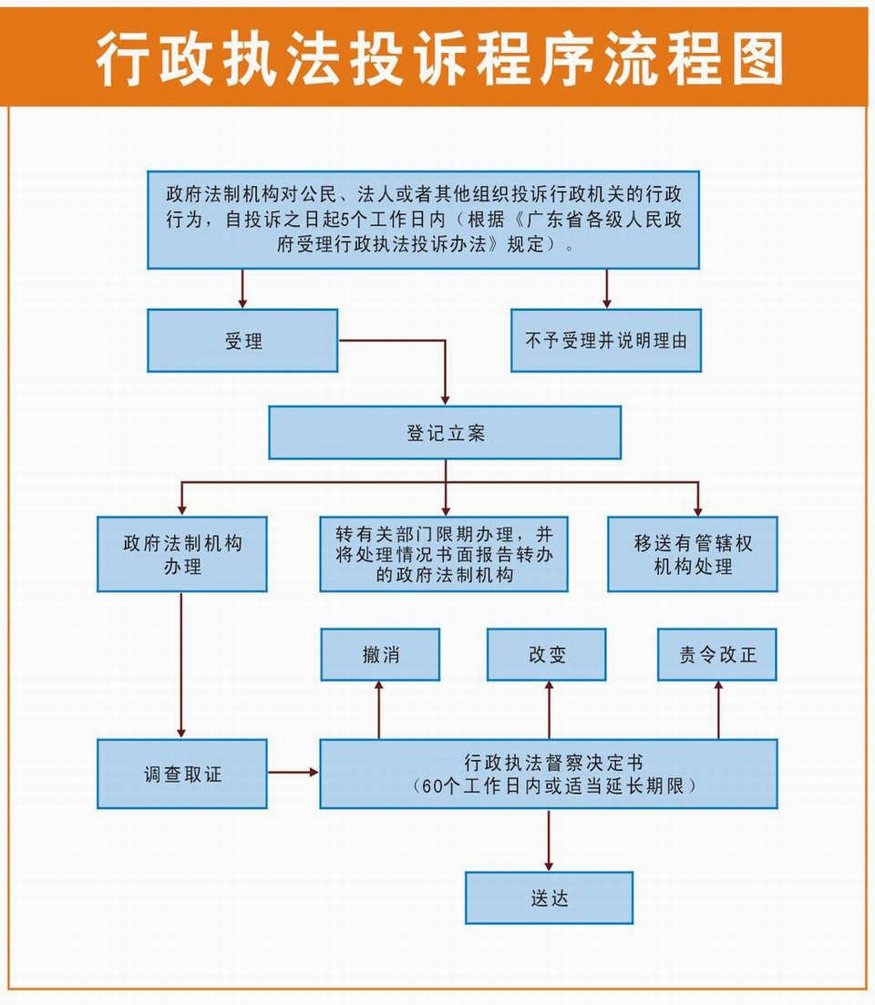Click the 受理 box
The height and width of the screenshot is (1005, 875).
(x=242, y=341)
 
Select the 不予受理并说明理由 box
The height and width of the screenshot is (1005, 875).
(x=606, y=341)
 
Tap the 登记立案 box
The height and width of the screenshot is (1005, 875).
(x=445, y=433)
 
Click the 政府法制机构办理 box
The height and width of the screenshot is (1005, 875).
(x=182, y=554)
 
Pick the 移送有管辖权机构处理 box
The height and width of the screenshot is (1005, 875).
(x=693, y=554)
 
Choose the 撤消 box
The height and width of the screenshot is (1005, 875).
(x=380, y=654)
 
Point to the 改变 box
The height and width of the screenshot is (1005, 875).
(x=546, y=654)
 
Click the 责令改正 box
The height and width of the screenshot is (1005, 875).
(x=716, y=654)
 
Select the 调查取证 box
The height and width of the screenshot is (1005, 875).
(x=182, y=774)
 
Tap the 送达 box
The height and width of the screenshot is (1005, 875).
(x=549, y=898)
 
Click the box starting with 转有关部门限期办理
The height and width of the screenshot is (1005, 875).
(x=444, y=554)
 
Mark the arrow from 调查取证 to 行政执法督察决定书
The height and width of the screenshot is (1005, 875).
(x=293, y=773)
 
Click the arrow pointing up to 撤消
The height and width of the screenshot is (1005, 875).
(x=379, y=710)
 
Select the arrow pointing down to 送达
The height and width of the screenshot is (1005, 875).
(x=549, y=840)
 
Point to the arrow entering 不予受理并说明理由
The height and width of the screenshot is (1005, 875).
(x=606, y=289)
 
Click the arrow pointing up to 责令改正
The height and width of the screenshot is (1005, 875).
(x=718, y=710)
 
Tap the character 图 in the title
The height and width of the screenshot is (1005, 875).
(x=758, y=59)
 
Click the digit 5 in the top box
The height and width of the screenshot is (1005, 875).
(x=344, y=220)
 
